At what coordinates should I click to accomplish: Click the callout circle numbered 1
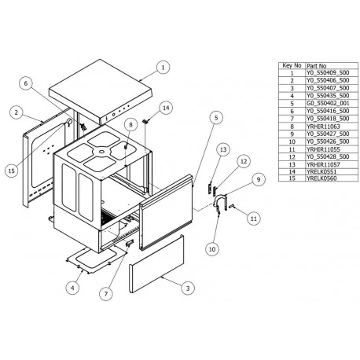click(x=162, y=68)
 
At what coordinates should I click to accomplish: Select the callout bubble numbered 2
click(x=16, y=113)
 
